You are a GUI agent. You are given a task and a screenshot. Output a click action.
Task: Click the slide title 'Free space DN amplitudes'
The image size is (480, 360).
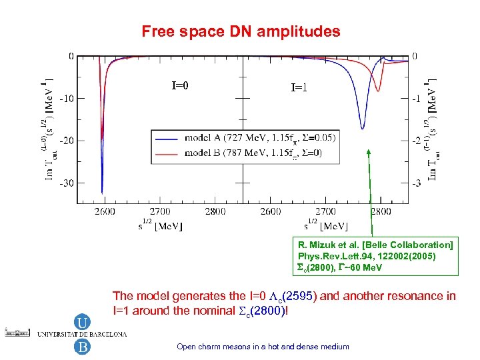coord(241,31)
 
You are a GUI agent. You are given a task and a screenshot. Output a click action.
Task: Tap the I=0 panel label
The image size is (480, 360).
coord(180,85)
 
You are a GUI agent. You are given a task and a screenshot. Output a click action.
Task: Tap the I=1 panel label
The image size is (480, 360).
coord(299,87)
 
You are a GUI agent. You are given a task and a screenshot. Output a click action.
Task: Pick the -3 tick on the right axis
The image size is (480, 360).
coord(415,183)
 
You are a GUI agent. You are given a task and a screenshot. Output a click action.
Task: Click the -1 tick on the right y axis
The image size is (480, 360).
coord(415,98)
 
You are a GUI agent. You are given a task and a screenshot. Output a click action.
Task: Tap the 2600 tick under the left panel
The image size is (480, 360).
coord(104,211)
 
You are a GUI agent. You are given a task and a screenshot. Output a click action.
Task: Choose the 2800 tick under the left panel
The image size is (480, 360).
coord(215,211)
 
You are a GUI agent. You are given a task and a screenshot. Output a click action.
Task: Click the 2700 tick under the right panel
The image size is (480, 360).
coord(325,211)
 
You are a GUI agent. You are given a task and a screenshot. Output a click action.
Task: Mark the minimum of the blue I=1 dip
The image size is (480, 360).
coord(363,128)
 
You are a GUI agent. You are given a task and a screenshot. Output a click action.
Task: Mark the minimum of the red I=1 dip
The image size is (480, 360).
coord(379,91)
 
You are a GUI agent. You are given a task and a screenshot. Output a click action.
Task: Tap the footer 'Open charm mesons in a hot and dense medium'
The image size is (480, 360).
coord(263,346)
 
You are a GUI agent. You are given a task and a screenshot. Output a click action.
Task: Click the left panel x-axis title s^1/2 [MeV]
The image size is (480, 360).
coord(160,225)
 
